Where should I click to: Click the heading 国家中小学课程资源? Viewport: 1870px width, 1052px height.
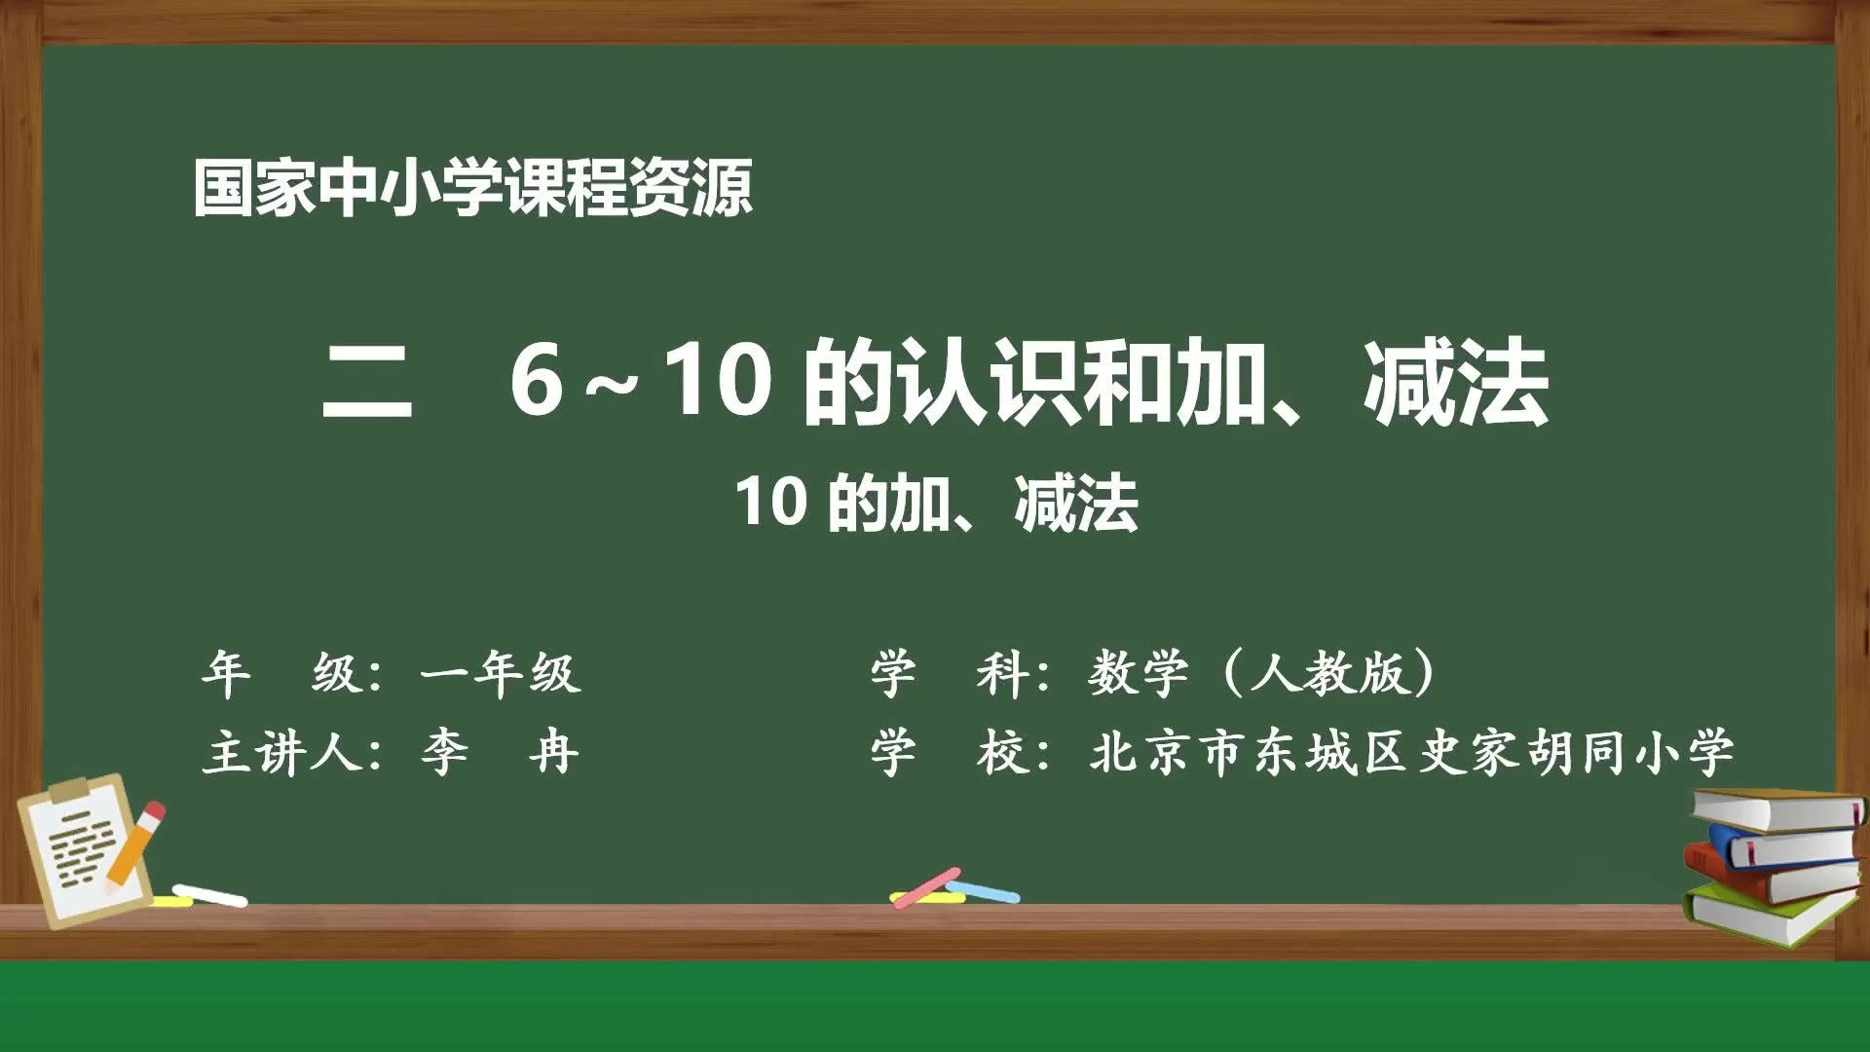472,187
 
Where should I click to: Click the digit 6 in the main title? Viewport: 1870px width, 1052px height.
537,381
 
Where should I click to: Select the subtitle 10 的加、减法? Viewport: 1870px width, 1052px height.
936,503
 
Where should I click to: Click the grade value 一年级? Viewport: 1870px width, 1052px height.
501,673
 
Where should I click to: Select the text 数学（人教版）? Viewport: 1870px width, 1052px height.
1263,673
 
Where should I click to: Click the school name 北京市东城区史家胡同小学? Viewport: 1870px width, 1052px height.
1411,752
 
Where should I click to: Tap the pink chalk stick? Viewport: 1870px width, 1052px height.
925,886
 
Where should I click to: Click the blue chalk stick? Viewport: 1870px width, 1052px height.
984,891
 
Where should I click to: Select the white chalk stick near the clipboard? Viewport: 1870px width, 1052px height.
210,895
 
